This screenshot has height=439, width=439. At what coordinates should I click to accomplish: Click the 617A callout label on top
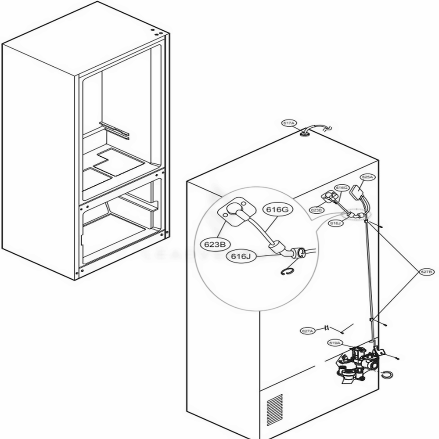(289, 123)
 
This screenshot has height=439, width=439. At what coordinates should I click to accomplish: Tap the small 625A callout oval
(367, 177)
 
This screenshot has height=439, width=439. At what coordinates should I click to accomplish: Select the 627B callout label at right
(426, 272)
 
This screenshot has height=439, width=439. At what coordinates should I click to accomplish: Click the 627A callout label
(308, 331)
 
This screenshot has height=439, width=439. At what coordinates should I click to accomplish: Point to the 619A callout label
(335, 342)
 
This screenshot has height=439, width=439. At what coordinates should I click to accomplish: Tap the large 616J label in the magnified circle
(240, 255)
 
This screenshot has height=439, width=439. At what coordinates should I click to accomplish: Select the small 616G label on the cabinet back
(342, 187)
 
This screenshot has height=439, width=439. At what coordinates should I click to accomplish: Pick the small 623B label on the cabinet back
(317, 210)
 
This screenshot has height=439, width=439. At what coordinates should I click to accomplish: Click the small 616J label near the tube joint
(335, 223)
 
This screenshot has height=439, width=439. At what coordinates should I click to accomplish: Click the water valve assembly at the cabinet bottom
(358, 362)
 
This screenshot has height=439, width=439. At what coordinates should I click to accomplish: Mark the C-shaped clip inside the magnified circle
(286, 273)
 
